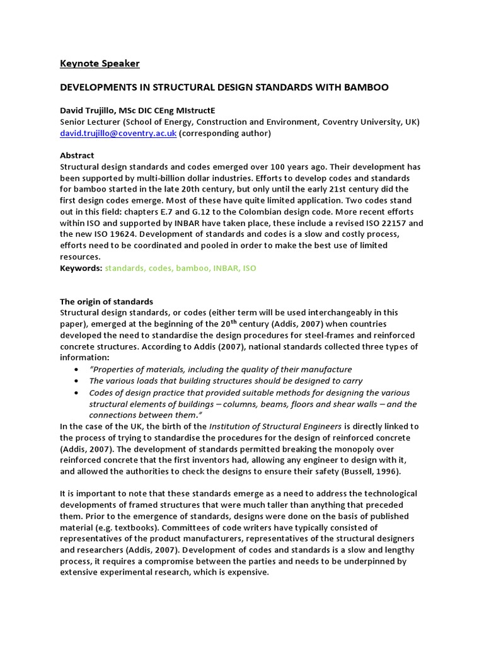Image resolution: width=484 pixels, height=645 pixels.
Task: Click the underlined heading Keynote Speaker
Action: tap(100, 64)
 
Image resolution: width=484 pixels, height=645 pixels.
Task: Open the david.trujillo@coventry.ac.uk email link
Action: tap(118, 133)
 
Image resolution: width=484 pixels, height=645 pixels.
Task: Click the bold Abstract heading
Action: tap(77, 156)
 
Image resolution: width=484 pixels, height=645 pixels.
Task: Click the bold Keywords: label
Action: tap(81, 268)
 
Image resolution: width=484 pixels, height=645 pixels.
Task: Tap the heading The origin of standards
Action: tap(107, 302)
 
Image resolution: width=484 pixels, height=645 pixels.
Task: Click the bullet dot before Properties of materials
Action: tap(77, 370)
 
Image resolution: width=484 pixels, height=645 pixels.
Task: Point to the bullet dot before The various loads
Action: tap(77, 381)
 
